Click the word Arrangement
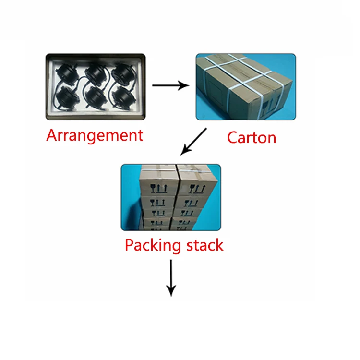(x=95, y=135)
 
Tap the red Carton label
(x=252, y=138)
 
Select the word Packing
(x=153, y=245)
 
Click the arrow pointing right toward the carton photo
(x=170, y=86)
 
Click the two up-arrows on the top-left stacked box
(x=162, y=189)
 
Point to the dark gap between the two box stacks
(x=177, y=197)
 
